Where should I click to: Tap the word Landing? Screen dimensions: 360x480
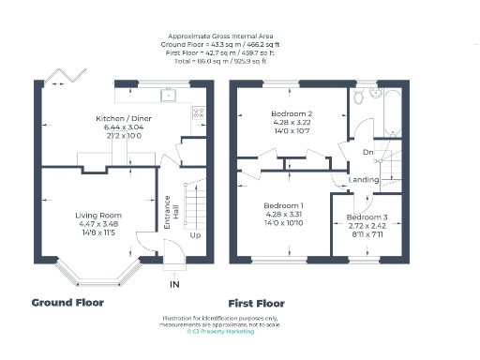click(x=363, y=179)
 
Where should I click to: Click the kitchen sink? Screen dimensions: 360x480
click(x=170, y=94)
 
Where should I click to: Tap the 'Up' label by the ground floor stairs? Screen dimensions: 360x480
click(x=194, y=235)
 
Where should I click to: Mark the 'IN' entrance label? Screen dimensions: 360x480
click(x=173, y=282)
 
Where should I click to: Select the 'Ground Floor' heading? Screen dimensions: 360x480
click(x=67, y=303)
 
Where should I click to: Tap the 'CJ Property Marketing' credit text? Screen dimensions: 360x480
click(x=220, y=331)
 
